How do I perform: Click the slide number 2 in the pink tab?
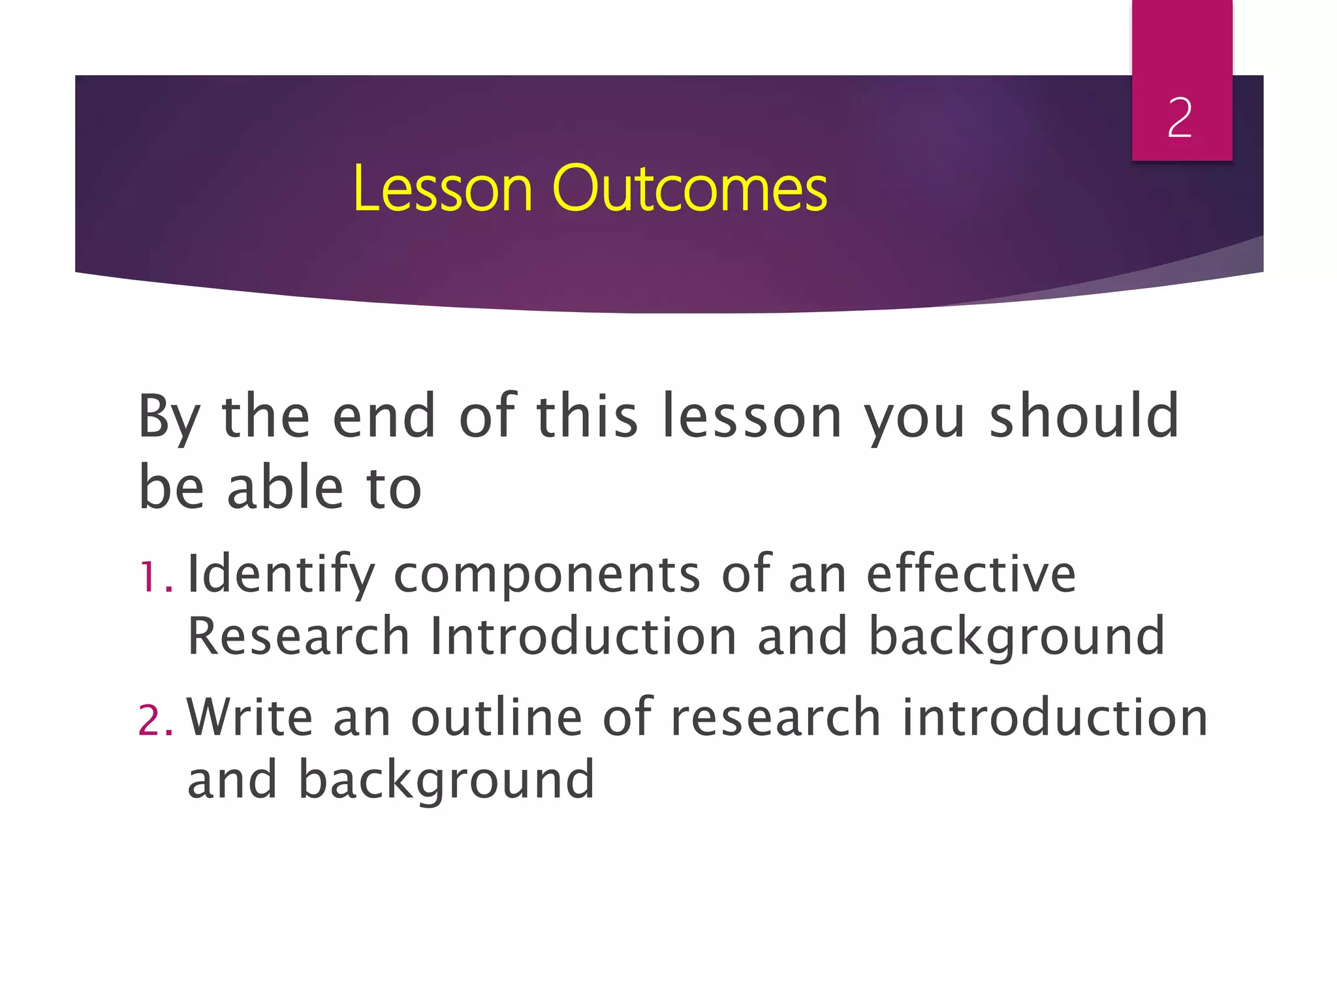tap(1180, 118)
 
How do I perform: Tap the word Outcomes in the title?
tap(689, 189)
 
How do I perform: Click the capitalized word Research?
tap(298, 636)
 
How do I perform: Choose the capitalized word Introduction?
tap(583, 636)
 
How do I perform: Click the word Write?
tap(250, 717)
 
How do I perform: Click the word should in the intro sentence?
tap(1084, 417)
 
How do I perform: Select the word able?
tap(285, 488)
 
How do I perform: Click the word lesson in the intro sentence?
tap(751, 417)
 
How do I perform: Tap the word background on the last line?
tap(447, 780)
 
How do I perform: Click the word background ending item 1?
tap(1016, 637)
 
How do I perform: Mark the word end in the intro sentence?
tap(384, 417)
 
